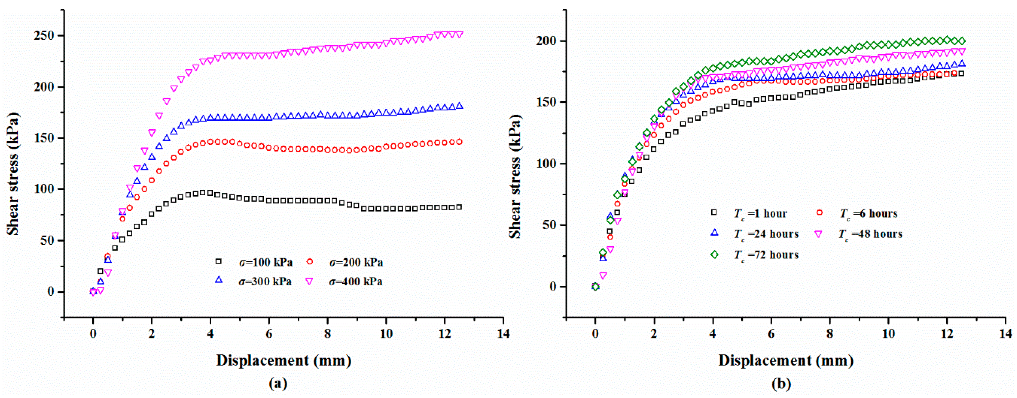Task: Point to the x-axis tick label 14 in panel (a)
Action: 503,334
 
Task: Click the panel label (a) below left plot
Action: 278,383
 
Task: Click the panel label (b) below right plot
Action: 781,383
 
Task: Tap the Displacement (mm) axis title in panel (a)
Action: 283,360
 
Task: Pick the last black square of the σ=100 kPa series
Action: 459,207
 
